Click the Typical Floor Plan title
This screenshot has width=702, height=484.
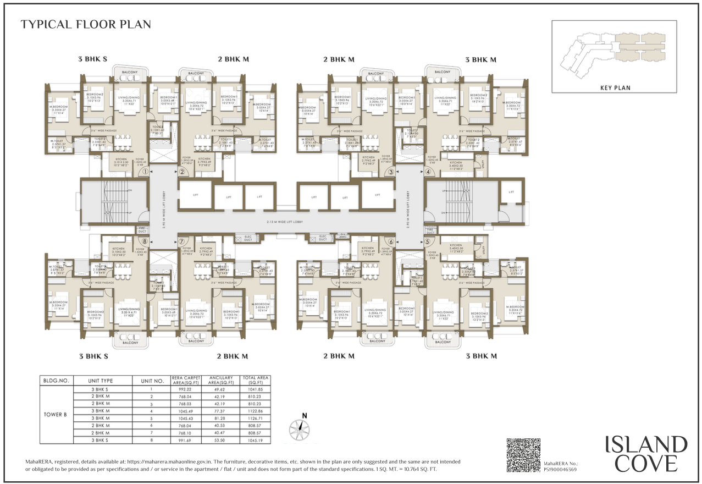point(85,25)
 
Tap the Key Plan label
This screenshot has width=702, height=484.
point(614,87)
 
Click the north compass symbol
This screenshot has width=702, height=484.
point(299,427)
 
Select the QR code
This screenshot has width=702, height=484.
point(523,455)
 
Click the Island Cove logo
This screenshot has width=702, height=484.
point(645,454)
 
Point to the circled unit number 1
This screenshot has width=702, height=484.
point(145,172)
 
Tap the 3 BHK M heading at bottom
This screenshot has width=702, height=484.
point(481,356)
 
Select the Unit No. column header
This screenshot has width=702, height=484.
point(153,380)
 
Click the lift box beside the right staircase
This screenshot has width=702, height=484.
point(511,192)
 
